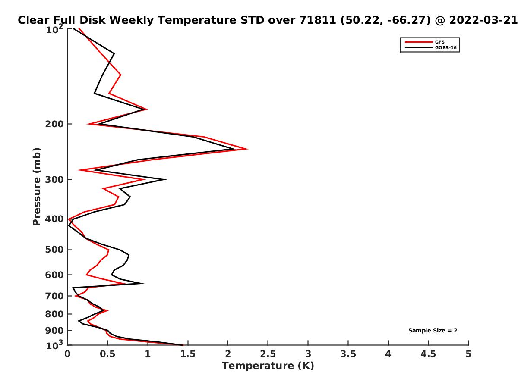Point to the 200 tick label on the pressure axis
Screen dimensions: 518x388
click(54, 124)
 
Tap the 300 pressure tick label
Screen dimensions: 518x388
click(54, 179)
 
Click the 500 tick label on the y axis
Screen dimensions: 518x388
click(54, 250)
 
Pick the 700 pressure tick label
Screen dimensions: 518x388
click(54, 296)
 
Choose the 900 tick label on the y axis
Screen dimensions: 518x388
click(54, 331)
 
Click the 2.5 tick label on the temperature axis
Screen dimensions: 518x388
click(268, 354)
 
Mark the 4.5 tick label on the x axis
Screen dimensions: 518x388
click(428, 354)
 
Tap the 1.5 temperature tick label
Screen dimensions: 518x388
click(188, 354)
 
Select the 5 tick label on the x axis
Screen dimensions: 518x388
click(468, 354)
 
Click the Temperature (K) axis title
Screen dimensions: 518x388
click(268, 366)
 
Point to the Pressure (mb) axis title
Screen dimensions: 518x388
click(37, 187)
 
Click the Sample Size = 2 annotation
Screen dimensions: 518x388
click(433, 330)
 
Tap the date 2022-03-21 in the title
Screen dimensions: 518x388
click(483, 20)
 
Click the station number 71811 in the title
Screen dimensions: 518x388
click(318, 20)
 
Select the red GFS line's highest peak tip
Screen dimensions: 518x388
click(247, 149)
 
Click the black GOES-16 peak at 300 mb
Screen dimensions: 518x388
click(166, 179)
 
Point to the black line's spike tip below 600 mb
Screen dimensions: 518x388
click(144, 283)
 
